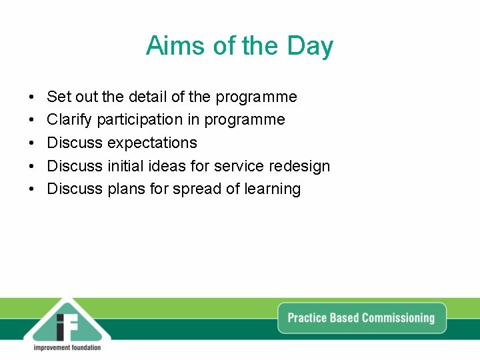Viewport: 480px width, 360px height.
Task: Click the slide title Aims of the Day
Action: (x=239, y=46)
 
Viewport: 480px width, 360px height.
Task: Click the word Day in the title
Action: (x=310, y=47)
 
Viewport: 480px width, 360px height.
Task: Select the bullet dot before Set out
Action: (x=32, y=97)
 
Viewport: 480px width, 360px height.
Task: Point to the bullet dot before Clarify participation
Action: (x=32, y=120)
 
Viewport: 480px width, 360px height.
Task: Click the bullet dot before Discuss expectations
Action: (x=32, y=143)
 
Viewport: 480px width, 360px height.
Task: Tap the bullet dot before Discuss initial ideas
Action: (x=32, y=166)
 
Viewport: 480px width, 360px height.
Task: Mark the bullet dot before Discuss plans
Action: (x=32, y=189)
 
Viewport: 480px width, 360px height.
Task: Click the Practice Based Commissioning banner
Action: (x=361, y=318)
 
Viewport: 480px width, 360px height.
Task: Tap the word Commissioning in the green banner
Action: (x=398, y=318)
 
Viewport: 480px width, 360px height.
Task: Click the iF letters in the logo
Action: (x=67, y=325)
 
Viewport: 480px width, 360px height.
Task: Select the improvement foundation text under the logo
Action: (x=67, y=347)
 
